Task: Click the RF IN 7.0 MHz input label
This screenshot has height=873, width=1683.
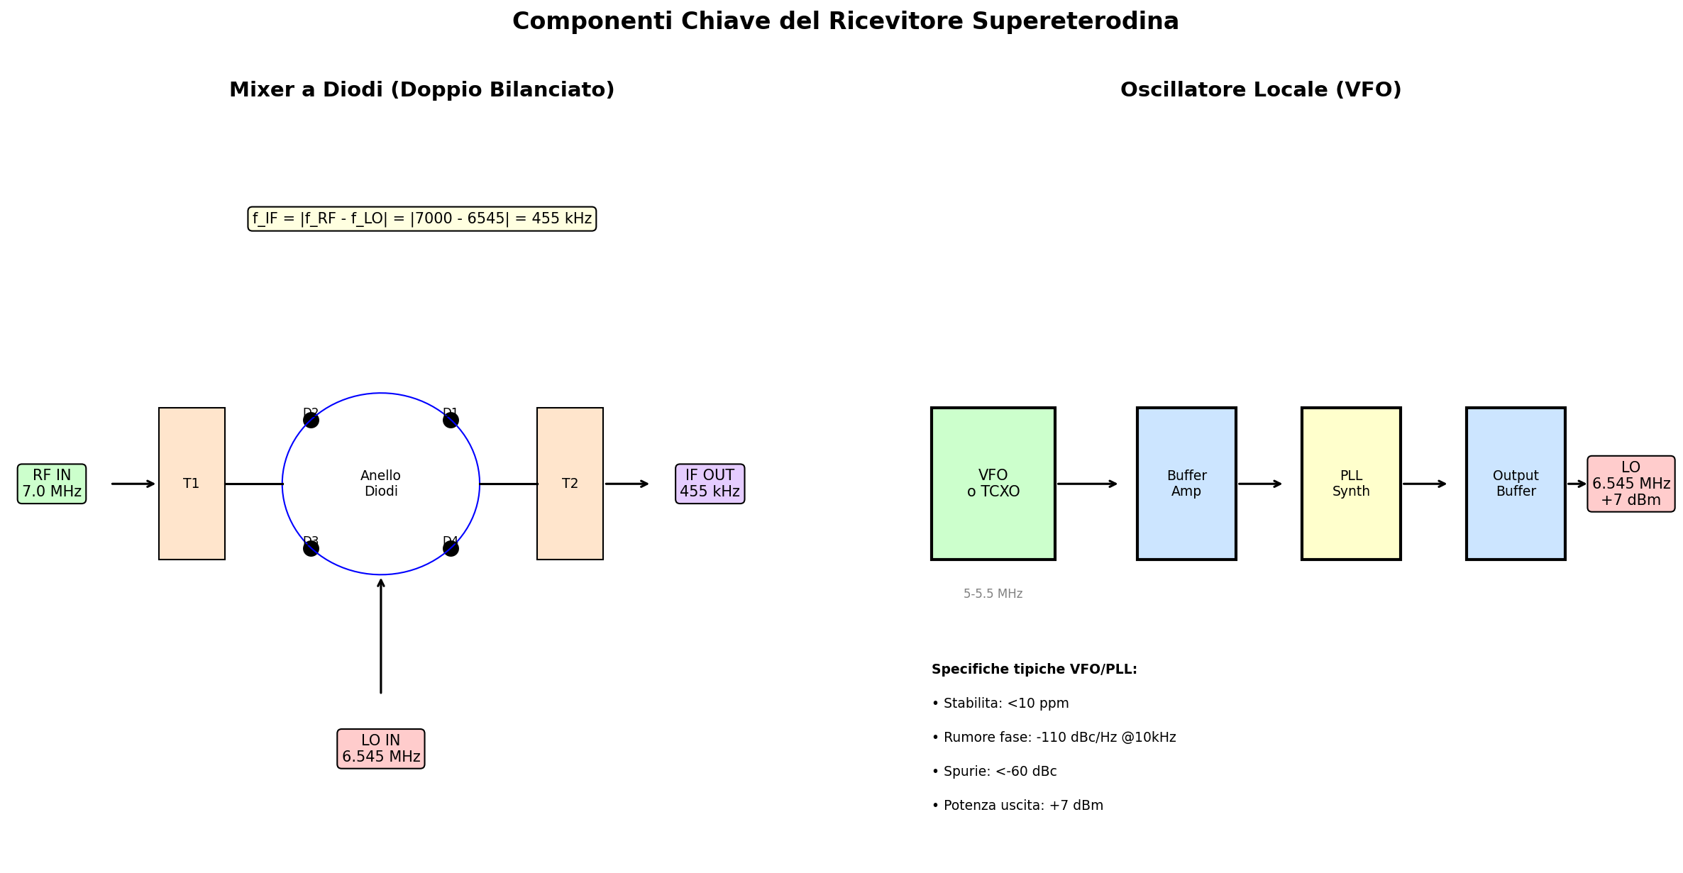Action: (x=52, y=484)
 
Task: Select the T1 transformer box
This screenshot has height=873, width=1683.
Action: (x=192, y=484)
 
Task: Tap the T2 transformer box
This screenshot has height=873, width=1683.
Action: (x=570, y=484)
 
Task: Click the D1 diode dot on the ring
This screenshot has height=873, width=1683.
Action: (x=451, y=420)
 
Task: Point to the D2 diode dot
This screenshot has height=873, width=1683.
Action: (x=311, y=420)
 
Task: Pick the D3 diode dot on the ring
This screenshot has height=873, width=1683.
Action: (x=311, y=548)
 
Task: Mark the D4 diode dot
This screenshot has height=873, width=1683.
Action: (x=451, y=548)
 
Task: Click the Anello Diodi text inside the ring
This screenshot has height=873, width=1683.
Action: (x=381, y=484)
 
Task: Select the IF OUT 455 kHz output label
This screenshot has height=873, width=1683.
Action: (x=710, y=484)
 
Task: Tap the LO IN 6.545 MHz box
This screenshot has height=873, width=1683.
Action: (x=381, y=748)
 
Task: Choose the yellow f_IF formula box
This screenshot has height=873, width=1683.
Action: (x=421, y=218)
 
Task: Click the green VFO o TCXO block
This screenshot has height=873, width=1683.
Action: (x=993, y=484)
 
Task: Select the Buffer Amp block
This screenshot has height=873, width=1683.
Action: (x=1186, y=484)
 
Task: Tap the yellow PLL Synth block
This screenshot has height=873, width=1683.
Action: (x=1351, y=484)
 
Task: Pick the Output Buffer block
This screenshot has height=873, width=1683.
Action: (x=1516, y=484)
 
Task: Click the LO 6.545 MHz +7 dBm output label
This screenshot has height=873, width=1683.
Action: (x=1631, y=484)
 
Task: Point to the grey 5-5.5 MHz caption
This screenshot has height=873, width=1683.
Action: (x=993, y=594)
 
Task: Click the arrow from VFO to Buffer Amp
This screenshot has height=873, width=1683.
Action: (x=1086, y=484)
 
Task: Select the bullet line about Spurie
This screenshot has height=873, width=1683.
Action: (x=994, y=771)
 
